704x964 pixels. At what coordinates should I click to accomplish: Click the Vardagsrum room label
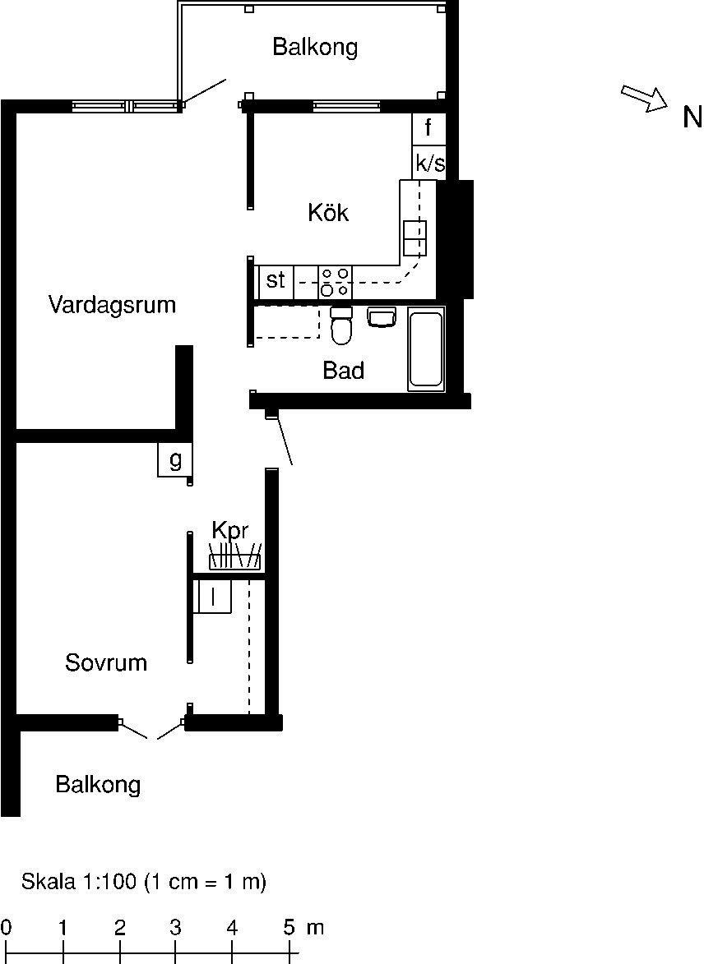coord(112,305)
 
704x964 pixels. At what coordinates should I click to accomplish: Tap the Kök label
coord(328,213)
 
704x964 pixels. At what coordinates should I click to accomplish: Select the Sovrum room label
coord(106,662)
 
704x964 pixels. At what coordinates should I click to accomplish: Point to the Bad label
coord(344,371)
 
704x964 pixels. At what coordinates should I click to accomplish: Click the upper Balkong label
coord(315,48)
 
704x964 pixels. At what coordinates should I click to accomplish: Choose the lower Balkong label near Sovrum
coord(98,785)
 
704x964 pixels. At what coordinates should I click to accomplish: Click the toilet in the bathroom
coord(341,325)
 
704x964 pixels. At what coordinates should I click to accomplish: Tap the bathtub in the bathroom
coord(425,348)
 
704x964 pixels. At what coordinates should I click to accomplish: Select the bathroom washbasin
coord(382,317)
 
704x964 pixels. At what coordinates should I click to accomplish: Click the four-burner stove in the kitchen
coord(336,282)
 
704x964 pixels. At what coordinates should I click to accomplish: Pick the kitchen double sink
coord(415,238)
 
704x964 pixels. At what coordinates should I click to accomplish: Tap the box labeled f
coord(428,128)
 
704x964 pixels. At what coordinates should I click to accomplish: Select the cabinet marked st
coord(276,280)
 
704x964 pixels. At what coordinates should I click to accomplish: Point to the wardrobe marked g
coord(175,459)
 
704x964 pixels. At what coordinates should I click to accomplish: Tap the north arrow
coord(644,99)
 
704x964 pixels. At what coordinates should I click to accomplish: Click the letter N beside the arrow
coord(692,118)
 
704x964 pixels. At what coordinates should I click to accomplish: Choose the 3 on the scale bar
coord(175,928)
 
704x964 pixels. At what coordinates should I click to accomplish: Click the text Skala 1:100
coord(79,882)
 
